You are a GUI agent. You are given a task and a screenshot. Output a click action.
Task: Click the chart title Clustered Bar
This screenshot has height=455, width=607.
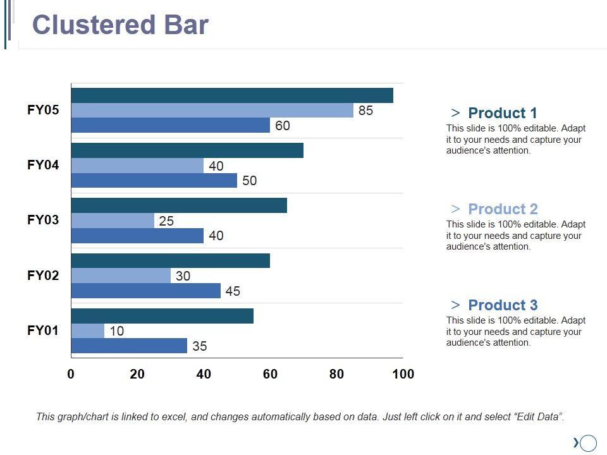click(120, 25)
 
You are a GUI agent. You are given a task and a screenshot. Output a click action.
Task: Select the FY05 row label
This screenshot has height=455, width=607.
click(43, 110)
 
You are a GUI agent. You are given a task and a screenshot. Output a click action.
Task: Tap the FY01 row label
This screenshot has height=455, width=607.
click(43, 330)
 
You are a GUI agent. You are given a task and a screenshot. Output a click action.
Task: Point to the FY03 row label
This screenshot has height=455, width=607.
click(43, 220)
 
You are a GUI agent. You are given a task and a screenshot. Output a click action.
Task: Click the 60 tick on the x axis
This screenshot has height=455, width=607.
click(270, 374)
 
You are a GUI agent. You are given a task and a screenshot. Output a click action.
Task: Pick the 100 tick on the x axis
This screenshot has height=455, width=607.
click(403, 374)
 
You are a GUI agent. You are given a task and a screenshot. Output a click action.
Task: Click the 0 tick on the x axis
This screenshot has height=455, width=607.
click(71, 374)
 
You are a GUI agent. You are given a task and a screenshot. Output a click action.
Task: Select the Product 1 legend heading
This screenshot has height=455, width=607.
click(502, 113)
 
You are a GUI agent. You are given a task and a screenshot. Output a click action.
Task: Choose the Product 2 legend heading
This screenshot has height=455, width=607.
click(503, 209)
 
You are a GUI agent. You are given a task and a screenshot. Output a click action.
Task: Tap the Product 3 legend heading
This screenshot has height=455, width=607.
click(503, 305)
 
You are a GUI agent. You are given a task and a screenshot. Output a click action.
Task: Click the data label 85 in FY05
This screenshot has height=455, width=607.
click(365, 111)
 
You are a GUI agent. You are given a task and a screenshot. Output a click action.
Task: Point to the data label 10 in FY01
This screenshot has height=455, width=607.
click(116, 331)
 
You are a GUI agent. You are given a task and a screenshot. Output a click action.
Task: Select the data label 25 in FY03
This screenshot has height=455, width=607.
click(166, 221)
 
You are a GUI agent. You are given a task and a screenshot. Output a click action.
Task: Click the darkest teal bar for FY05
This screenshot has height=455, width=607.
click(232, 95)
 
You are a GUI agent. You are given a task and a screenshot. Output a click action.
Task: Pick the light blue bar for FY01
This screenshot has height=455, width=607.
click(88, 331)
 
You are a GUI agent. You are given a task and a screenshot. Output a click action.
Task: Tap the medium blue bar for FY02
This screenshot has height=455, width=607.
click(146, 291)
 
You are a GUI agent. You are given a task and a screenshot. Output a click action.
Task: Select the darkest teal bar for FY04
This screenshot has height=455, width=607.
click(187, 150)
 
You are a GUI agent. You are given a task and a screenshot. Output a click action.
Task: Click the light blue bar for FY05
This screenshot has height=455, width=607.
click(212, 111)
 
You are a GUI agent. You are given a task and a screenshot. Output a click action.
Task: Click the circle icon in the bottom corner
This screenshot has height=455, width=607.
click(589, 443)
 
